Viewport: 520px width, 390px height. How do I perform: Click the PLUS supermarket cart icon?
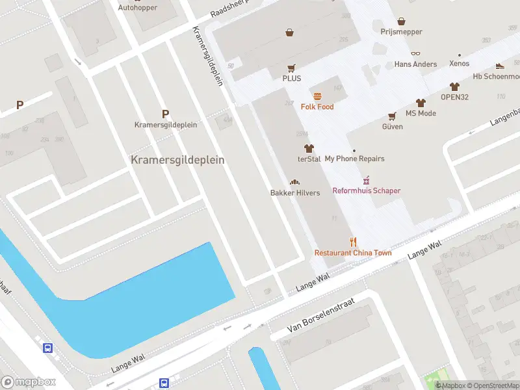pyautogui.click(x=292, y=68)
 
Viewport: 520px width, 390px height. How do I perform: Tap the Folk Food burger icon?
pyautogui.click(x=317, y=96)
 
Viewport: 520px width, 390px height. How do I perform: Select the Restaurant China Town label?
pyautogui.click(x=353, y=252)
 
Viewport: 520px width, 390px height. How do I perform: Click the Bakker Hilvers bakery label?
pyautogui.click(x=295, y=193)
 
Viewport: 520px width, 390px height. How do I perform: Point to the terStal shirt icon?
pyautogui.click(x=309, y=148)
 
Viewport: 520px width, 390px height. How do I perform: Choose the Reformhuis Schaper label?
pyautogui.click(x=367, y=190)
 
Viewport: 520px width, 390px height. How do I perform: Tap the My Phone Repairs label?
pyautogui.click(x=354, y=159)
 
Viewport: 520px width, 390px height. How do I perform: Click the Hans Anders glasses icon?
pyautogui.click(x=415, y=54)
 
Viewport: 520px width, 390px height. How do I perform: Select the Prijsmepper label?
pyautogui.click(x=402, y=32)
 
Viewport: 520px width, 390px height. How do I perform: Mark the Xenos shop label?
pyautogui.click(x=460, y=64)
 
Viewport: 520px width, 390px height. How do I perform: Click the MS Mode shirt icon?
pyautogui.click(x=421, y=103)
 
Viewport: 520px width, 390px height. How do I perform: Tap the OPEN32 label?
pyautogui.click(x=454, y=97)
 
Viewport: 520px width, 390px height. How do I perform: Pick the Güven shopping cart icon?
pyautogui.click(x=392, y=116)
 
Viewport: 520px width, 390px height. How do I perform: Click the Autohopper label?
pyautogui.click(x=138, y=8)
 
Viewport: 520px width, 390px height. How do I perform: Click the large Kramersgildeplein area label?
pyautogui.click(x=177, y=160)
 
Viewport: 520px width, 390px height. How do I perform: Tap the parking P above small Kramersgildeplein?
pyautogui.click(x=166, y=113)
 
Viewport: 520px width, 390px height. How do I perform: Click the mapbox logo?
pyautogui.click(x=29, y=382)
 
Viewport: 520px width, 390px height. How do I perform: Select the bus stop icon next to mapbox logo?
pyautogui.click(x=48, y=348)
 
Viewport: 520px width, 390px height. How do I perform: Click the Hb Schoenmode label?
pyautogui.click(x=496, y=76)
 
